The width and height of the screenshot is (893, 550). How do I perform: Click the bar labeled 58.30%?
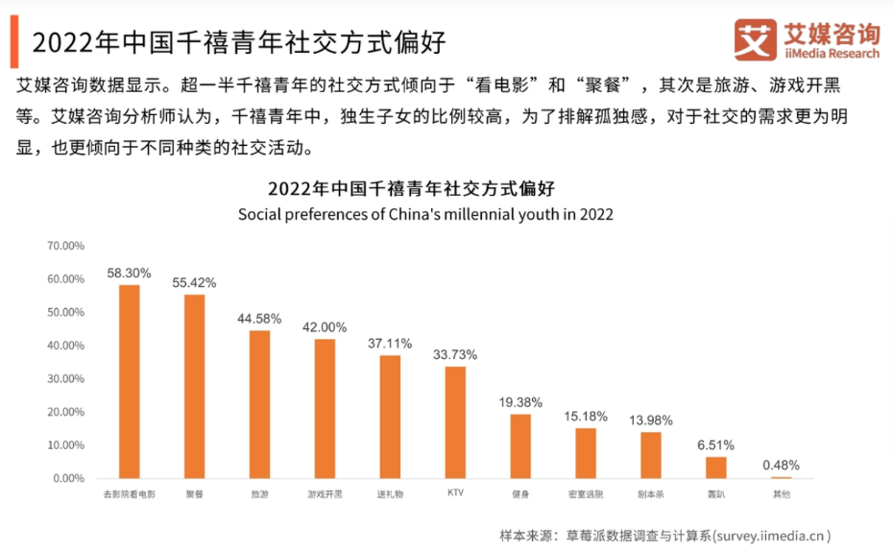point(129,381)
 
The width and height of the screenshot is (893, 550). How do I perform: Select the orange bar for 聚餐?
point(194,386)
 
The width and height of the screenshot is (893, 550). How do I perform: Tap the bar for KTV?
point(455,421)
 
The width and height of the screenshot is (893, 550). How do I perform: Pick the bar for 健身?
point(520,445)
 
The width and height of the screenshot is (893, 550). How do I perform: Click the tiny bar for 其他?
point(781,477)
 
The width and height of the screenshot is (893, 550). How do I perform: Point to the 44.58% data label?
point(259,318)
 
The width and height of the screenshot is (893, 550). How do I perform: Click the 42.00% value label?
point(325,327)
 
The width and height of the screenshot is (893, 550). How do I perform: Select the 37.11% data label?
point(390,343)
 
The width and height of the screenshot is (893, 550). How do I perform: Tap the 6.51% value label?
point(715,444)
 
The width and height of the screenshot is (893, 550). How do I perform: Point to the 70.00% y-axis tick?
point(65,246)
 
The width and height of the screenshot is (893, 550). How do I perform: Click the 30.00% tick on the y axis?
point(65,378)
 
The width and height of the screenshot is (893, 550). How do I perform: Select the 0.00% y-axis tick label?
point(68,478)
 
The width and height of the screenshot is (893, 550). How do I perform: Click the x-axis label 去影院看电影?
point(129,495)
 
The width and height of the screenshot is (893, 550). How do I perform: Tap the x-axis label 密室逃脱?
point(585,495)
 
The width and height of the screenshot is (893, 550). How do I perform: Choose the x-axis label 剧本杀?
point(650,495)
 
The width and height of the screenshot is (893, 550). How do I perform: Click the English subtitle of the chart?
point(425,214)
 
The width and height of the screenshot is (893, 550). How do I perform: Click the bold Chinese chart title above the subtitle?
point(425,187)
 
